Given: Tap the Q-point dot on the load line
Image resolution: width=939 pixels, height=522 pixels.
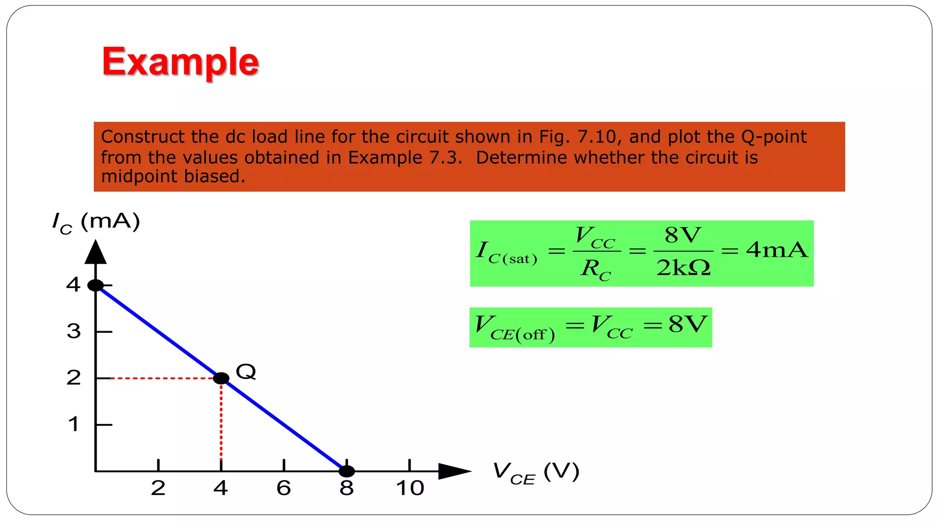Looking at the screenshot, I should [221, 378].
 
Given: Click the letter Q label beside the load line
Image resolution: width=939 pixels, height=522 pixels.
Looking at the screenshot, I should [246, 371].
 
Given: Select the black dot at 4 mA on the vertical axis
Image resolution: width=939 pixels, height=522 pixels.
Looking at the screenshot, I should [95, 285].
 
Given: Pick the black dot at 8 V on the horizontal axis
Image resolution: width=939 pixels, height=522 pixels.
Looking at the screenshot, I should [347, 471].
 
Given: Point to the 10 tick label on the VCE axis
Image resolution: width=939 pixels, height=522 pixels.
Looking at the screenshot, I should [410, 488].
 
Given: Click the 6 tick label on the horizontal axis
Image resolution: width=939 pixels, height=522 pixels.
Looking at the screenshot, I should [284, 488].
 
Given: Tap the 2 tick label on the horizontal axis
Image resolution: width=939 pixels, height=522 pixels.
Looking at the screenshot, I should [158, 488].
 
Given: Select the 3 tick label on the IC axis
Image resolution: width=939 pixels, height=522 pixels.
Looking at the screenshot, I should [74, 331].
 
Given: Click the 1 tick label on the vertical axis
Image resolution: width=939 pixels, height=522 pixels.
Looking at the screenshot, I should [73, 424].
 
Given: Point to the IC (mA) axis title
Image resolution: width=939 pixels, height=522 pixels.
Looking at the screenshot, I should [96, 222].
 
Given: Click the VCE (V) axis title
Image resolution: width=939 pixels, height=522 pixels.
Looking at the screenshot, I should [536, 473].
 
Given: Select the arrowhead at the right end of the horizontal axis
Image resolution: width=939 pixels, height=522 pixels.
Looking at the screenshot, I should [454, 471].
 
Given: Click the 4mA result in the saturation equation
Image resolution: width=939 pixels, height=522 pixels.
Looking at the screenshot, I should [777, 250].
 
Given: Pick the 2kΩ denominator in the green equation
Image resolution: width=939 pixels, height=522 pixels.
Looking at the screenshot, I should [683, 268].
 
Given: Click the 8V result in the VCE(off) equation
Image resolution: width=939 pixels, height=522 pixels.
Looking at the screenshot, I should [688, 324].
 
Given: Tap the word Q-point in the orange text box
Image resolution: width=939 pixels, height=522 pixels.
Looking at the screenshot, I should [774, 137].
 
